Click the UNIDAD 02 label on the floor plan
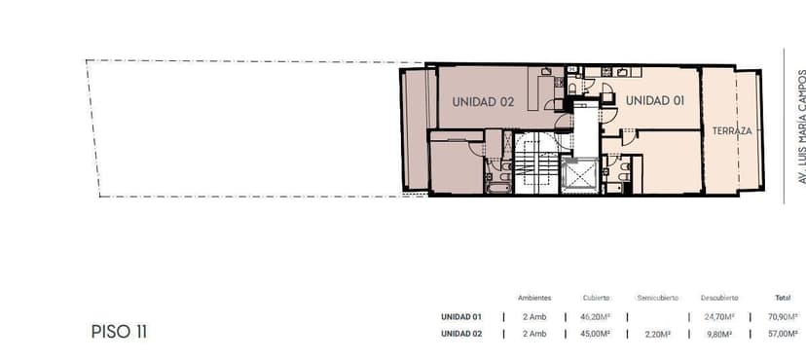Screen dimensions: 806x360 coord(483,102)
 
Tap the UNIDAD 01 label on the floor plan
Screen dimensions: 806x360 coord(654,100)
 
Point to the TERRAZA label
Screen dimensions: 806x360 coord(732,131)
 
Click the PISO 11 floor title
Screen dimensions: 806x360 coord(119,332)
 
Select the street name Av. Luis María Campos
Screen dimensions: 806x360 coord(801,126)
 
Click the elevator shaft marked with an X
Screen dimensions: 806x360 coord(580,176)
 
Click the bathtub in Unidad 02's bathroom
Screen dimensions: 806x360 coord(497,187)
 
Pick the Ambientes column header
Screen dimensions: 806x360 coord(534,298)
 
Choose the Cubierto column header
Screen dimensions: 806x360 coord(597,298)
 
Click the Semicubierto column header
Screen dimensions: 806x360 coord(657,298)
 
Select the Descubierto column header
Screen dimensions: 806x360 coord(719,298)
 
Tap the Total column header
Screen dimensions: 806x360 coord(783,298)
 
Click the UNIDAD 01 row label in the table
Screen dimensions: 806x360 coord(461,317)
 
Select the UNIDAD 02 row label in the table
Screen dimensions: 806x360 coord(461,334)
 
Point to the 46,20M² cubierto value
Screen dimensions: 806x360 coord(595,317)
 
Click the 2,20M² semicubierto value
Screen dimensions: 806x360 coord(657,334)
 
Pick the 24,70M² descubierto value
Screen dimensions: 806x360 coord(719,317)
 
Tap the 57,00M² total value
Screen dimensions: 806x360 coord(784,334)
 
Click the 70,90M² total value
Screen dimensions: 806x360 coord(784,317)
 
